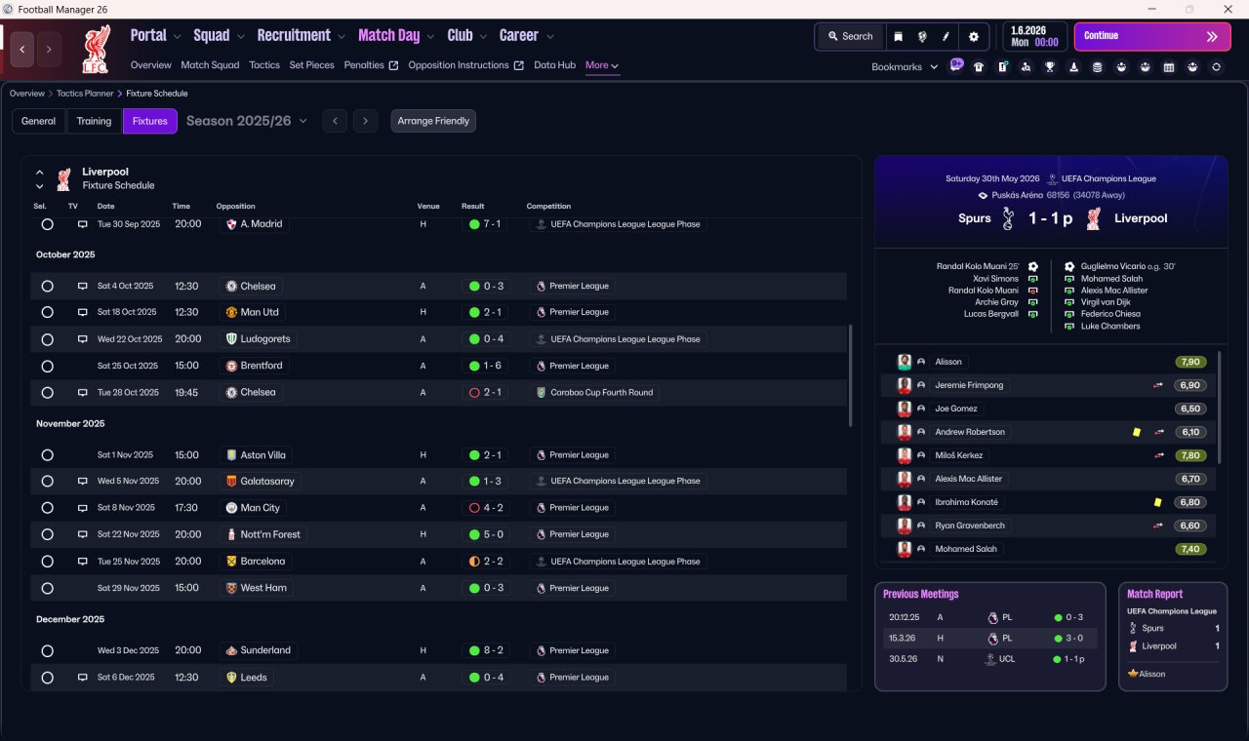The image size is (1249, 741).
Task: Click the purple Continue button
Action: coord(1152,36)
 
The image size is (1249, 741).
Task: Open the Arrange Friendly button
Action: coord(432,121)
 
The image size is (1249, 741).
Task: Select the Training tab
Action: coord(94,121)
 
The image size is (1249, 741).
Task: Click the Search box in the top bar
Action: coord(850,36)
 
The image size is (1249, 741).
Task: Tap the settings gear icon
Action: coord(974,37)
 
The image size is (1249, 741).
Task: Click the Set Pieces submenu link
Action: coord(311,65)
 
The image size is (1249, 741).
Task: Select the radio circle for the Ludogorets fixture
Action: coord(48,339)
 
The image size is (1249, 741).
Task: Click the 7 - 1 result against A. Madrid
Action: coord(485,224)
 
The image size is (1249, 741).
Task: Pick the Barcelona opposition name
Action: coord(262,561)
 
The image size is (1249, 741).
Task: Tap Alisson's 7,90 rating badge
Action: coord(1190,362)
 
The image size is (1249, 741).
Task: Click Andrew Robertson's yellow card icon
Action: coord(1137,432)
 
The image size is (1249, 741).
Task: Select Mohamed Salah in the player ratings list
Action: coord(966,549)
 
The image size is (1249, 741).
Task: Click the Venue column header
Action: coord(428,206)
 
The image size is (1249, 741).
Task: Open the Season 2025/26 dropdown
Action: coord(247,121)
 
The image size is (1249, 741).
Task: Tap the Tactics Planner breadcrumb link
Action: coord(85,93)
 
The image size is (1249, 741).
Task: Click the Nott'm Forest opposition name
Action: coord(270,534)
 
